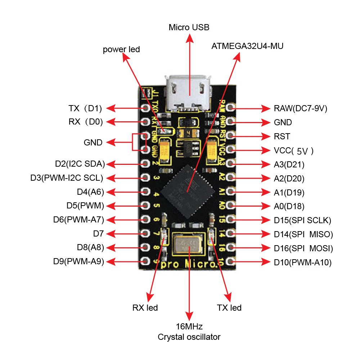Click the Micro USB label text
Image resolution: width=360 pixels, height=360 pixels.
tap(189, 27)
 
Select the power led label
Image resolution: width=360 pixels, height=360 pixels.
tap(121, 50)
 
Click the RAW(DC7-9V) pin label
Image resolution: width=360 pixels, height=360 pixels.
tap(300, 108)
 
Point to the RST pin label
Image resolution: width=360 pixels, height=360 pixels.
tap(282, 136)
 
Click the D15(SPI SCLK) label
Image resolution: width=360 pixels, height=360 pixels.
tap(302, 220)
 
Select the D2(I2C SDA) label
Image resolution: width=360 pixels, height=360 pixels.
tap(80, 164)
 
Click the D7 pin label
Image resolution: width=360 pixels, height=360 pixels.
tap(98, 234)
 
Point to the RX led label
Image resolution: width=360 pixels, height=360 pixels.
tap(145, 308)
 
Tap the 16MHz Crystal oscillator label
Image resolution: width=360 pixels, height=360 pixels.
tap(189, 332)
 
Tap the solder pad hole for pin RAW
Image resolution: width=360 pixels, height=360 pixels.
tap(231, 108)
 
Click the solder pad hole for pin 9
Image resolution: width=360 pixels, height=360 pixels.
tap(146, 261)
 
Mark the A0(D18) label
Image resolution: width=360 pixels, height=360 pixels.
tap(289, 206)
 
